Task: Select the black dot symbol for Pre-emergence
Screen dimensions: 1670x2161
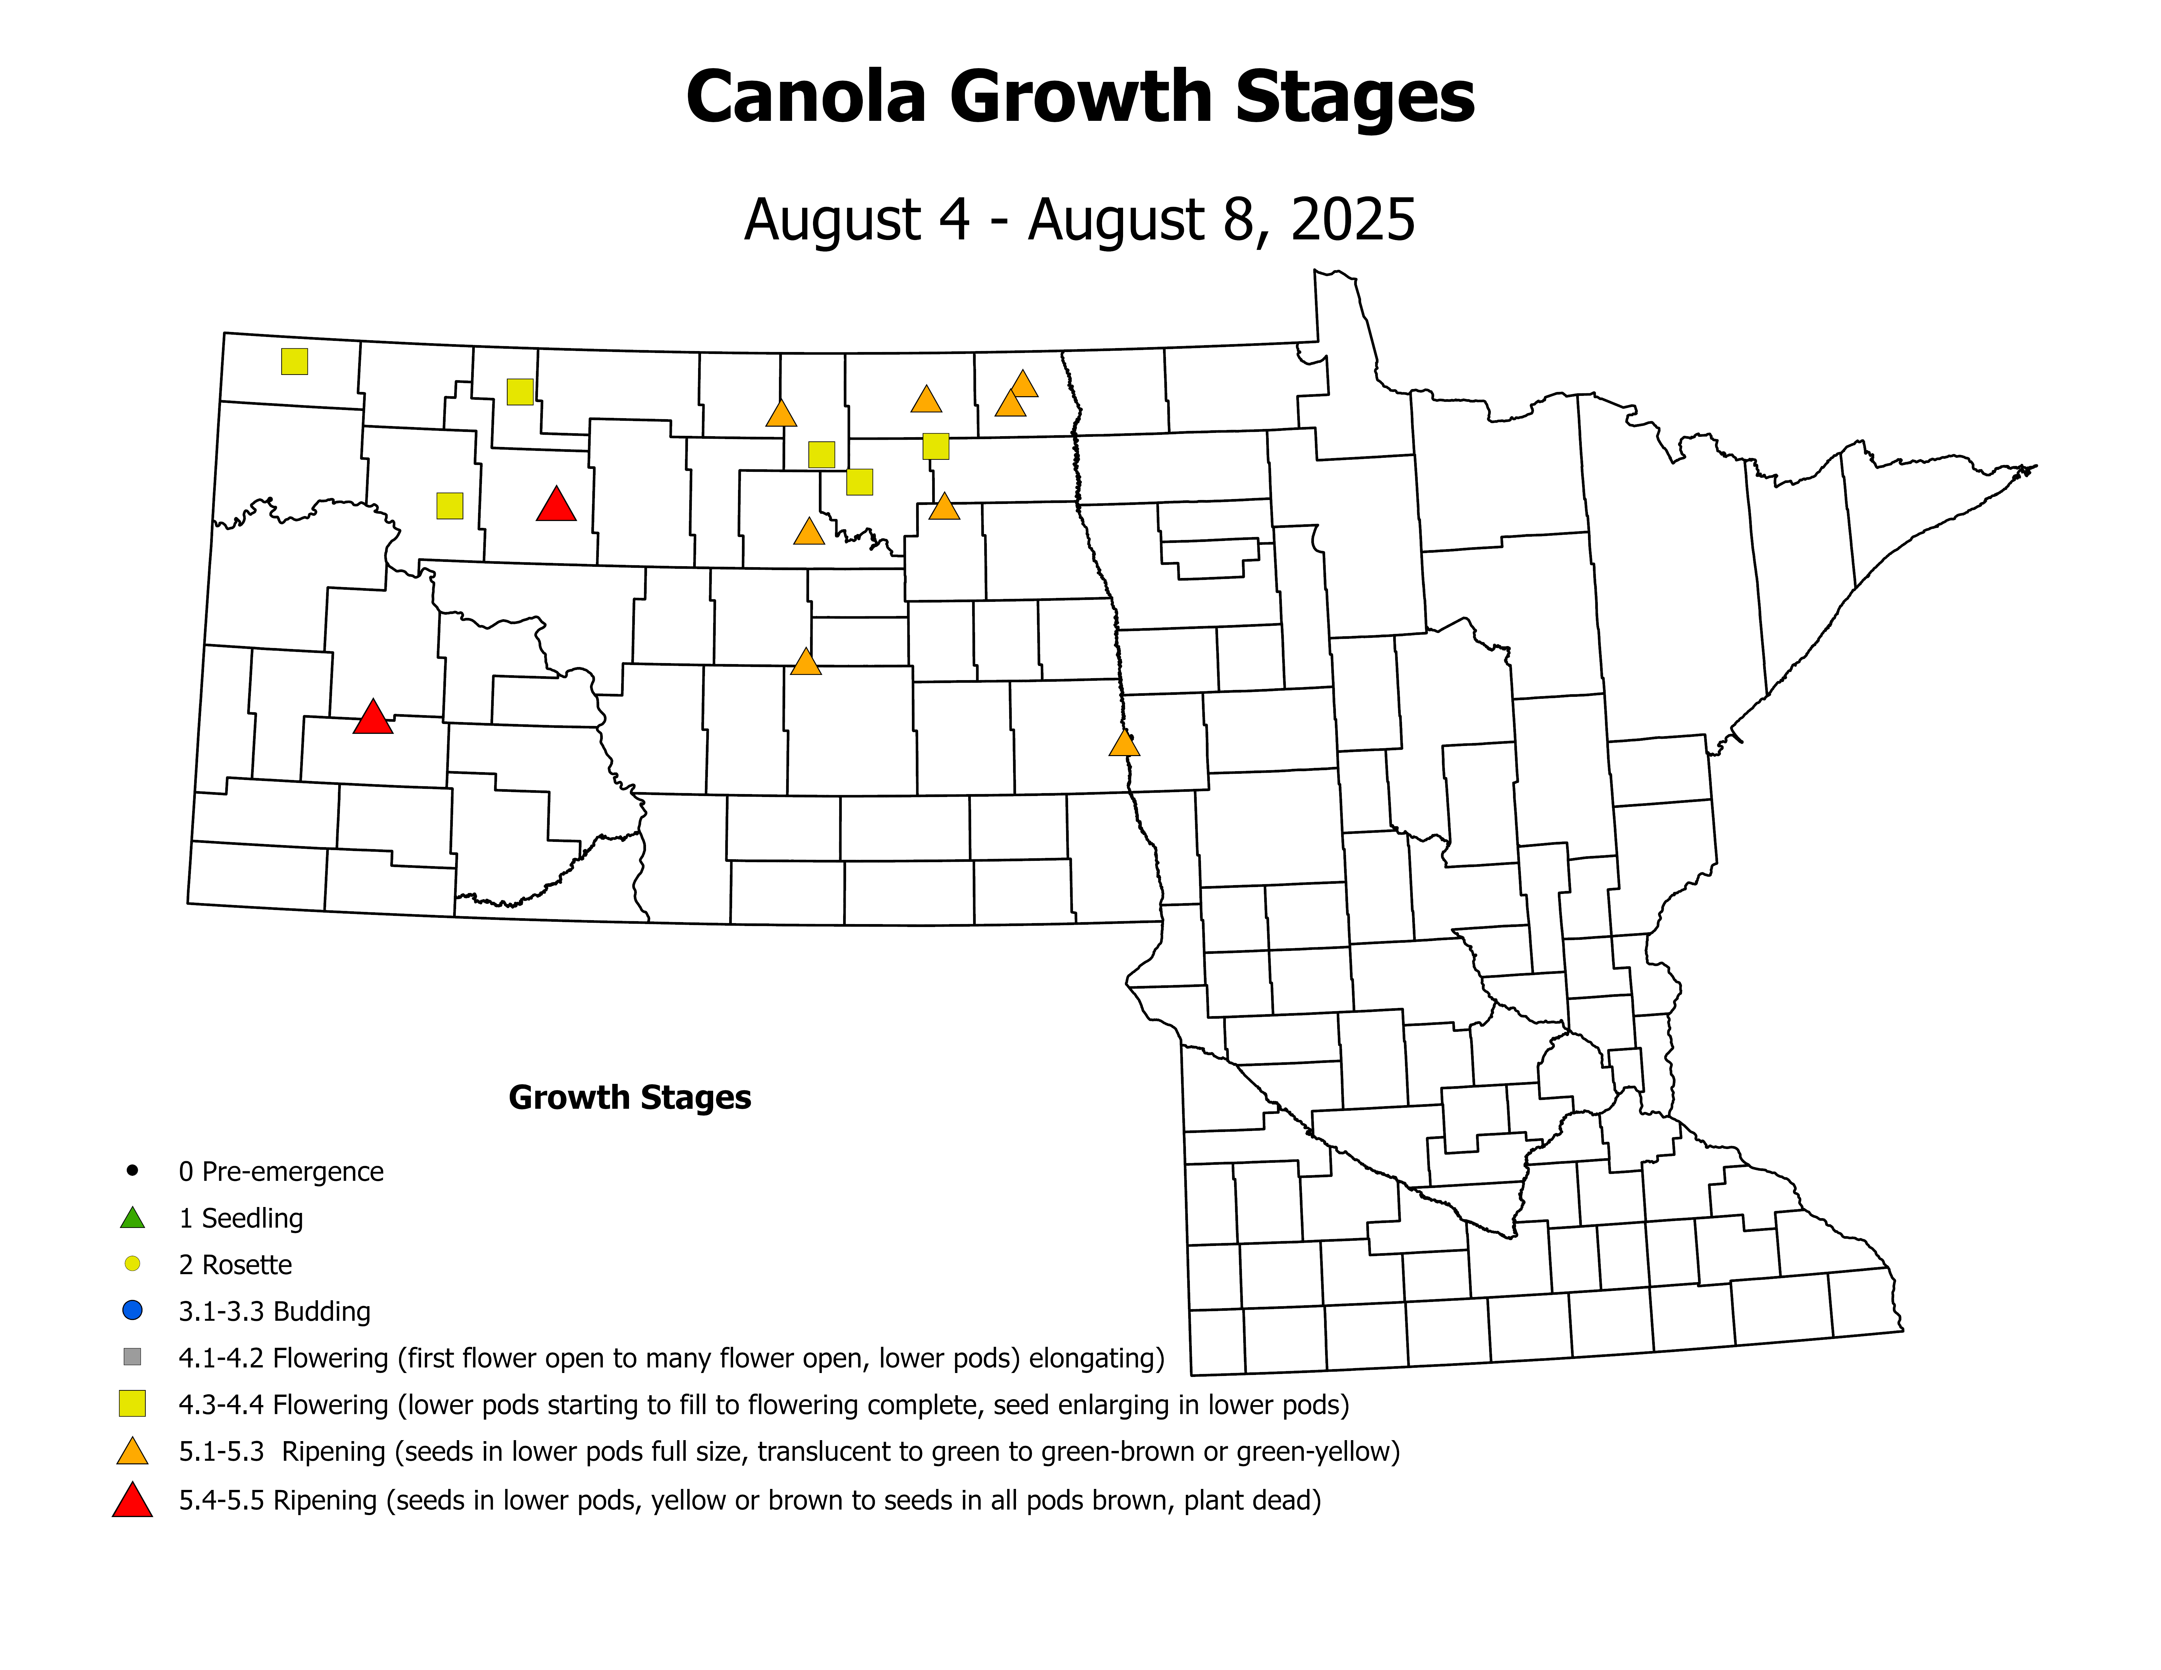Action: point(133,1170)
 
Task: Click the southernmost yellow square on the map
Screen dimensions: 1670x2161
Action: point(450,506)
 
